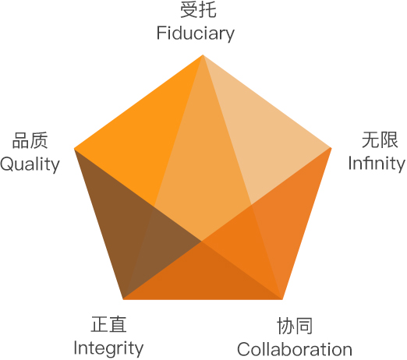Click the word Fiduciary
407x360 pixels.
click(x=196, y=34)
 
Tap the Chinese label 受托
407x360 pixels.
click(x=198, y=10)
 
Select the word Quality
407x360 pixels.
click(x=30, y=164)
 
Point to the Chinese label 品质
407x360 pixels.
click(x=30, y=140)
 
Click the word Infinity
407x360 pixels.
click(x=377, y=164)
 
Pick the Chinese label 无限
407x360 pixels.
click(x=380, y=139)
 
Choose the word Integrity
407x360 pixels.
click(x=108, y=348)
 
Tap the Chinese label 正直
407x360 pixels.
click(x=108, y=324)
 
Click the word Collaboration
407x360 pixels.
click(x=295, y=349)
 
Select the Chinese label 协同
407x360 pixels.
click(x=295, y=326)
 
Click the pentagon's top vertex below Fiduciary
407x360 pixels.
click(x=203, y=55)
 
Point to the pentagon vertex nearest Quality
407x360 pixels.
click(x=74, y=149)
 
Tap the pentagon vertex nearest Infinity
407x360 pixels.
click(x=331, y=148)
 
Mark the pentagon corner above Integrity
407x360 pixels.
click(x=123, y=299)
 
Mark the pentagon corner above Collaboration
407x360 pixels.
click(x=282, y=299)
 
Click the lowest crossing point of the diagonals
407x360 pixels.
click(x=202, y=242)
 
